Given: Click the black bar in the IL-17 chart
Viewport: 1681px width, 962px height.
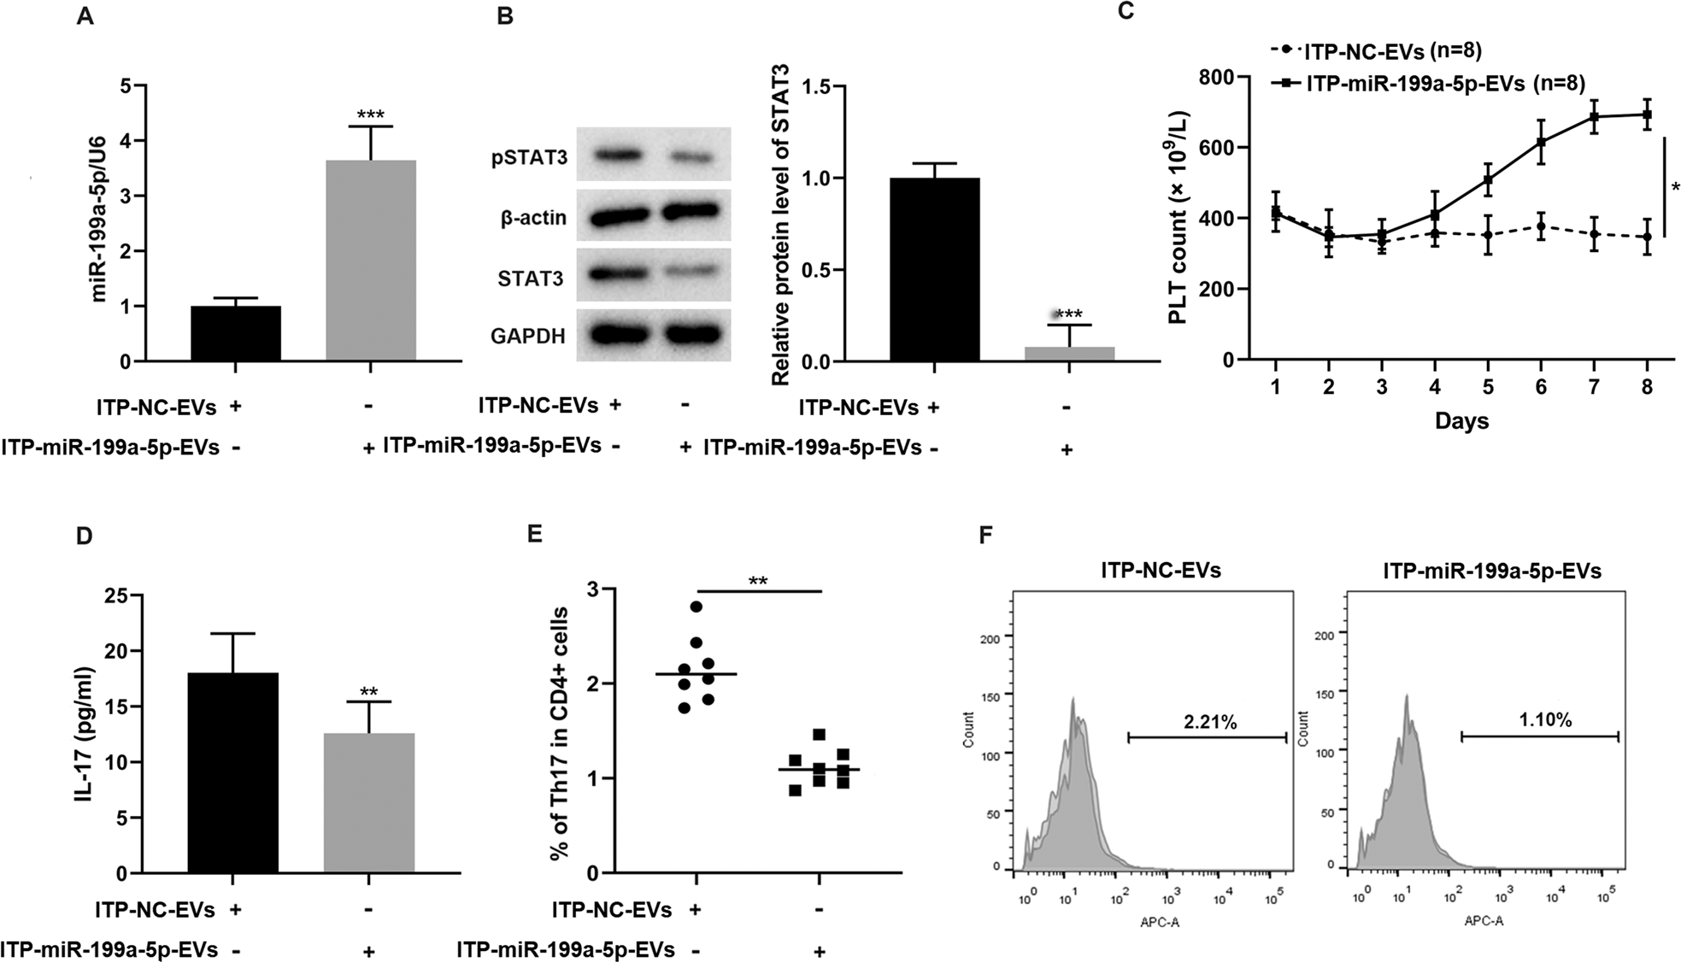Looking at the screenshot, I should tap(233, 773).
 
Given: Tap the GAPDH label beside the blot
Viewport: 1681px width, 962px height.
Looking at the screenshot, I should tap(528, 336).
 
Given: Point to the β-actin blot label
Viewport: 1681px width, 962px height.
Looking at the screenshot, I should tap(532, 218).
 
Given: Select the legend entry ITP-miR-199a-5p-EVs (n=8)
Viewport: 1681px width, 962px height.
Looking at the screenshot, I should tap(1445, 83).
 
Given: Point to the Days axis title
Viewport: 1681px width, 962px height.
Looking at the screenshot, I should tap(1461, 421).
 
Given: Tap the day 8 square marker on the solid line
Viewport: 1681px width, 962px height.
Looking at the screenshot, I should tap(1647, 114).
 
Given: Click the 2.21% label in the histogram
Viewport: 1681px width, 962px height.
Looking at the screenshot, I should tap(1209, 722).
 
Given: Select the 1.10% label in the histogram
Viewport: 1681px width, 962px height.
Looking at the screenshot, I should tap(1544, 720).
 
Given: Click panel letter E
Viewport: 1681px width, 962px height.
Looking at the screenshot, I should tap(535, 534).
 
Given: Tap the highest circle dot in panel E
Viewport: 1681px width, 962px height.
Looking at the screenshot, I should tap(696, 607).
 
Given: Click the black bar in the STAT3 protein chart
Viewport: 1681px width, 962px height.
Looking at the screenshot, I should tap(934, 270).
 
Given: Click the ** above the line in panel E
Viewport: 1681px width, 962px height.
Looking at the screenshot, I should tap(757, 582).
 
